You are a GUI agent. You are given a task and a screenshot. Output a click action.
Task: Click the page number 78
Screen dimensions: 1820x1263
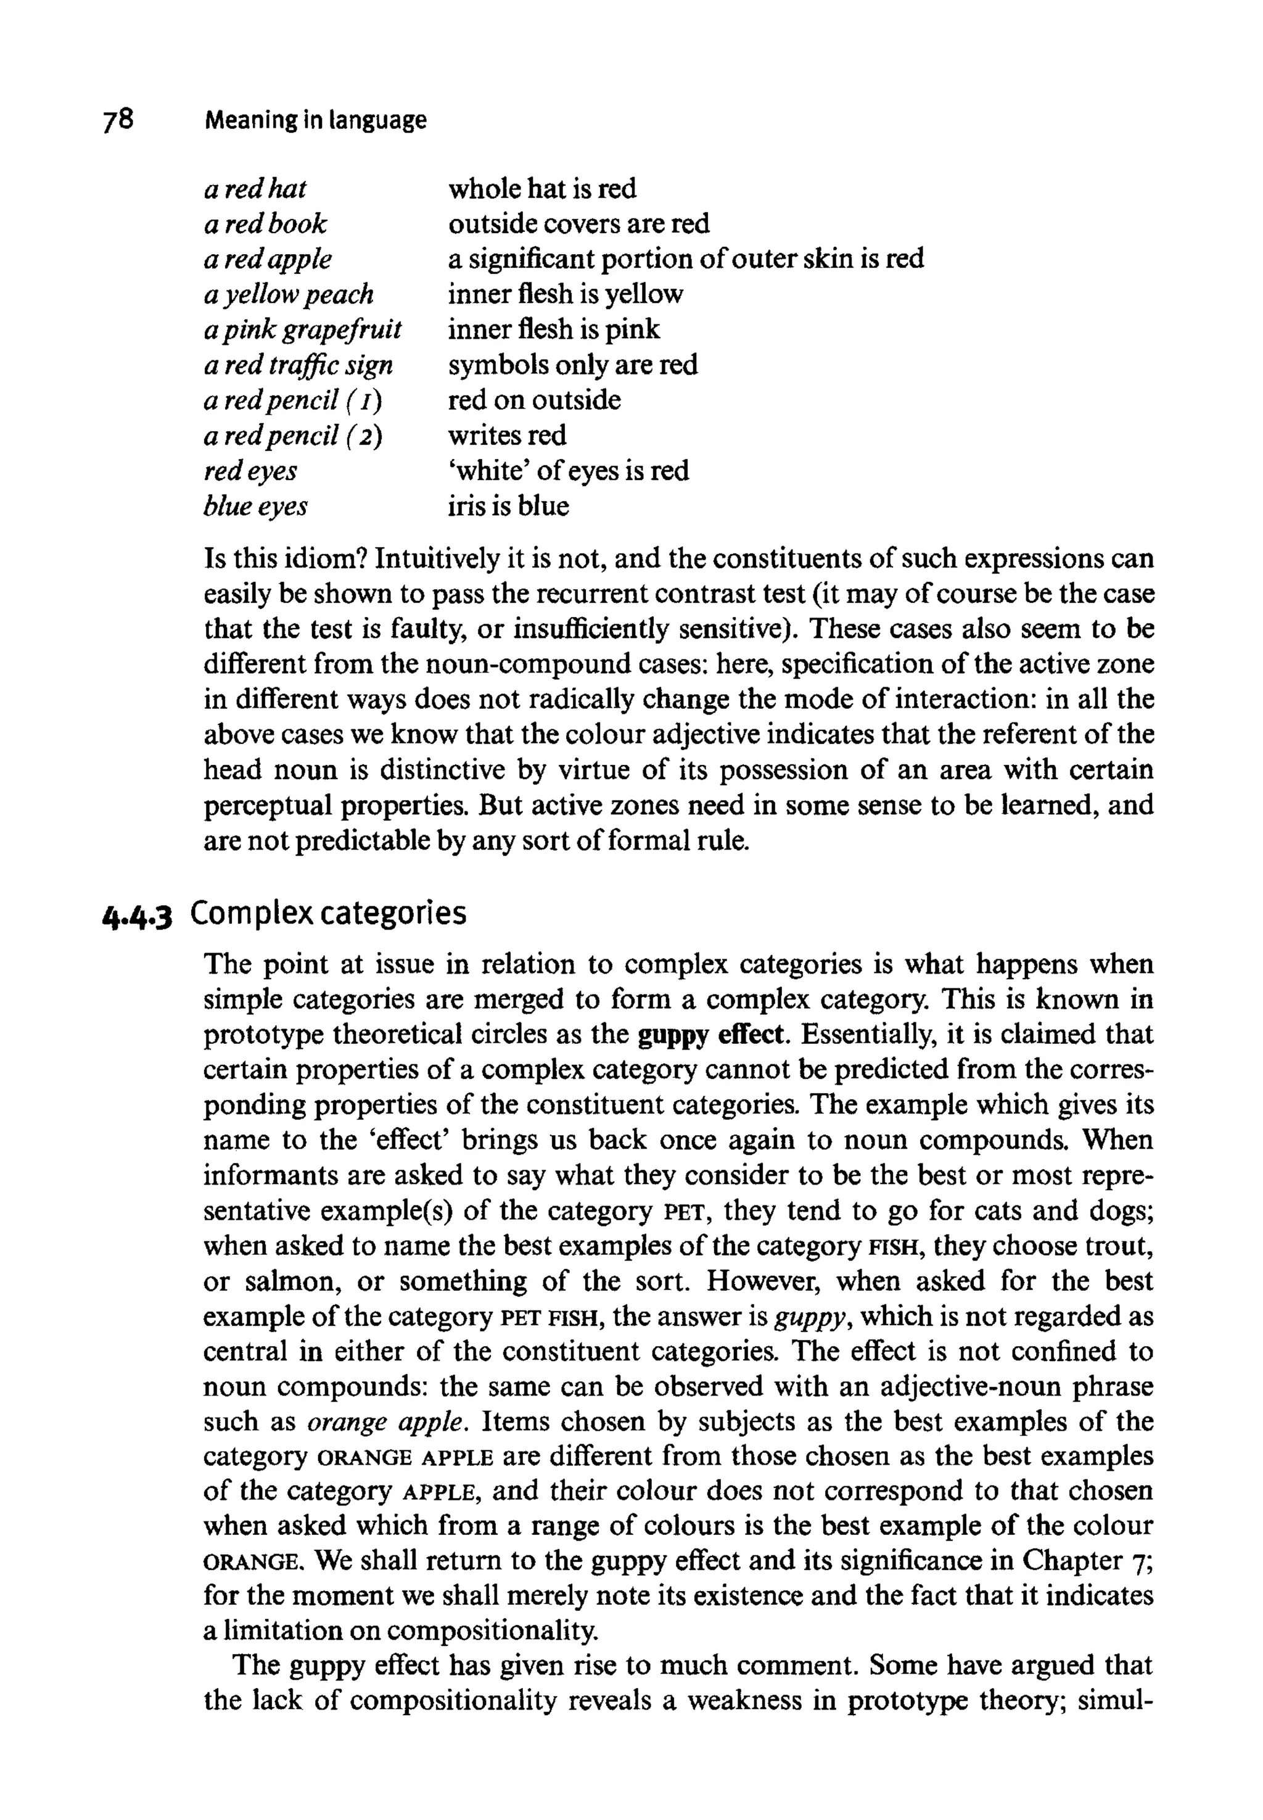point(118,120)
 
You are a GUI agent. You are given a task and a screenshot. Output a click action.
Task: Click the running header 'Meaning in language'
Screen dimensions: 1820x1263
point(315,120)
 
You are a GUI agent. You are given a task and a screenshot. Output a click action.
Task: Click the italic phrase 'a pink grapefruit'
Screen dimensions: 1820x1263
point(302,329)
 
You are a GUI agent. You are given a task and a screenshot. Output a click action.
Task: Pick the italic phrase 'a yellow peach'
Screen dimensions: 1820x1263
point(288,294)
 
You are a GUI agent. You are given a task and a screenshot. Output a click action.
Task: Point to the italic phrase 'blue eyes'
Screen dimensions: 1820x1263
point(255,506)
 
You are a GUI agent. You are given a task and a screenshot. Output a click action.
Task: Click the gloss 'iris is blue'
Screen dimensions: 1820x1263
point(508,506)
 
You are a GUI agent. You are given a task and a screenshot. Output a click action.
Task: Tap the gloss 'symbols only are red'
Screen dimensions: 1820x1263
point(573,365)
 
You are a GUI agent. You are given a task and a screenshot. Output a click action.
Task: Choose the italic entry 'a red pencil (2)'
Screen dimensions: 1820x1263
point(293,436)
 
